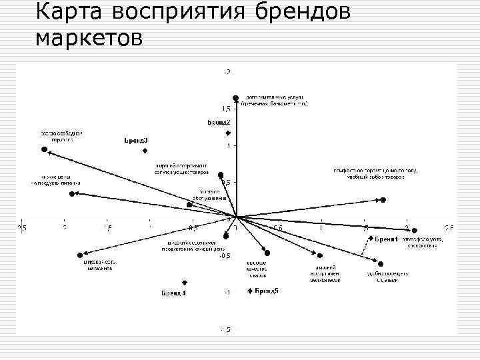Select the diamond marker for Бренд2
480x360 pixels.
point(228,133)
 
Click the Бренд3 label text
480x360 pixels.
point(137,141)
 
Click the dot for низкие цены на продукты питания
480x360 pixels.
point(72,194)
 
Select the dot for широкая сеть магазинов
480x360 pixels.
point(79,254)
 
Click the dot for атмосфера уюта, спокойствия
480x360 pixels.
point(415,231)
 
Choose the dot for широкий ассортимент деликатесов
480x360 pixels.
point(320,255)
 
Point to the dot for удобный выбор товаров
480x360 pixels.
point(383,199)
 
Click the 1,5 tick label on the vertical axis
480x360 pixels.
point(227,108)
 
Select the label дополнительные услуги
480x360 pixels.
point(274,97)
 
